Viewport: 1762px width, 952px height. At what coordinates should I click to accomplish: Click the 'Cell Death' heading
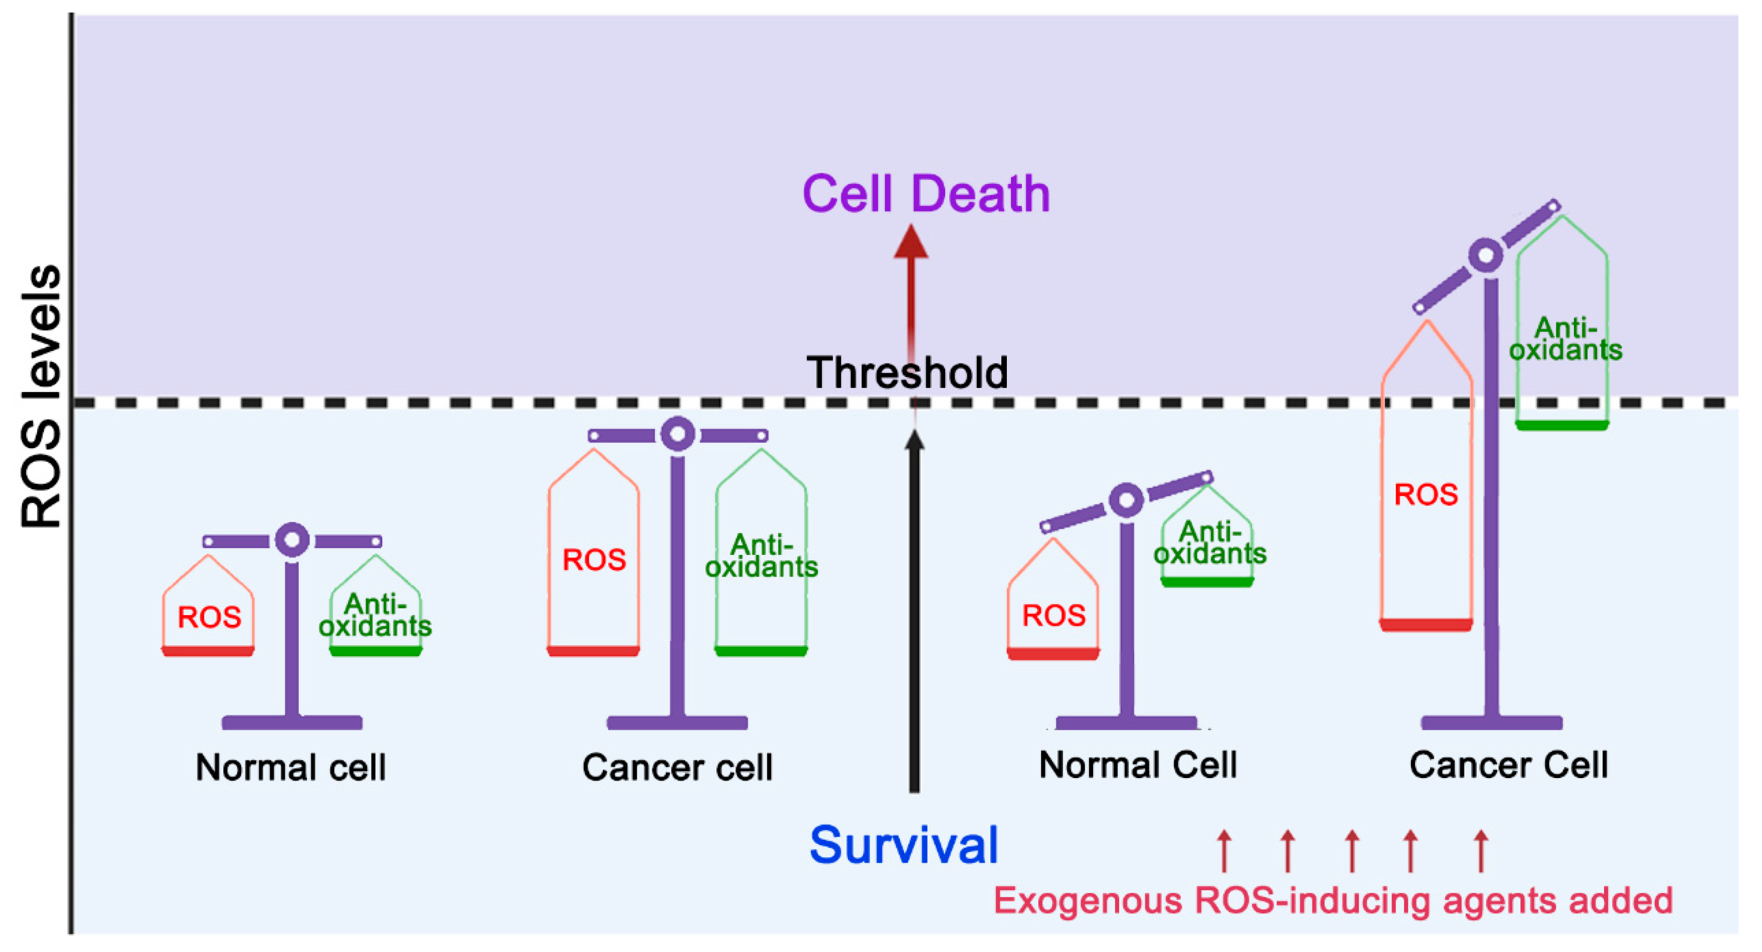pos(926,194)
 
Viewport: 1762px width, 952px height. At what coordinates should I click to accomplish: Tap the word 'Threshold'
pos(907,373)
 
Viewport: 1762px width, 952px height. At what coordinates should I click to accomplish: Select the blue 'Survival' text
pos(904,845)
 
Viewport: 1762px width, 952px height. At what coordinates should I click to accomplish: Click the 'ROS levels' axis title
pos(41,397)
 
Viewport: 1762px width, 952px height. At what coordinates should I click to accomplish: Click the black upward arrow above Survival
pos(914,616)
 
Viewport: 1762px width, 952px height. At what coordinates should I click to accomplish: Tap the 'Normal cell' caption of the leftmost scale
pos(291,768)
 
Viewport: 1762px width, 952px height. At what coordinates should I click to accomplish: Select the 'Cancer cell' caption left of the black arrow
pos(677,768)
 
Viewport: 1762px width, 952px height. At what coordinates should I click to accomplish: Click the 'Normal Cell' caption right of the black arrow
pos(1138,765)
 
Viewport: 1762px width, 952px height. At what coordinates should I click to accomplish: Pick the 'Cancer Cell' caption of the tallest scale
pos(1508,765)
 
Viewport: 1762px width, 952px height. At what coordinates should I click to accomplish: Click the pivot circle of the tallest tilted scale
pos(1486,256)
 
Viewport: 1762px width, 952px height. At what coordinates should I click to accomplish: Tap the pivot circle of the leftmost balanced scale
pos(292,540)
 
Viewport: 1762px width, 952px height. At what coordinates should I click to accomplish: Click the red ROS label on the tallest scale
pos(1426,494)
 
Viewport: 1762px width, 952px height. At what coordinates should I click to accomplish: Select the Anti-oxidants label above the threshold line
pos(1565,339)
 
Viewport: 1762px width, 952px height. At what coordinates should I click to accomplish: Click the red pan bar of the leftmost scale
pos(208,651)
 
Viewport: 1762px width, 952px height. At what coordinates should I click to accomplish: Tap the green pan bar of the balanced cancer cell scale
pos(761,651)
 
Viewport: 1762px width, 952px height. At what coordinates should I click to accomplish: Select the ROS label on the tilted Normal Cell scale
pos(1053,616)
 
